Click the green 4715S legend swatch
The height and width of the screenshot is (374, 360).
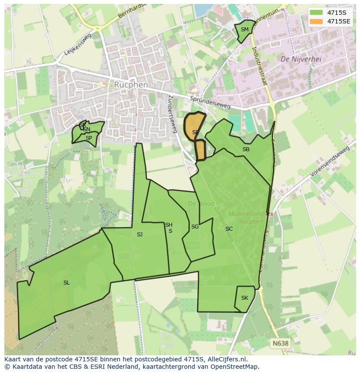(316, 13)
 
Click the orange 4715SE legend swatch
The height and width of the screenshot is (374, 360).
(316, 21)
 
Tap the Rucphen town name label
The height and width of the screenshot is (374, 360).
(131, 85)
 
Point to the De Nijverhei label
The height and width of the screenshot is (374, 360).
(301, 59)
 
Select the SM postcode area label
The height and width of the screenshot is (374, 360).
(244, 30)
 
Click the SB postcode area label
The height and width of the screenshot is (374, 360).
(246, 149)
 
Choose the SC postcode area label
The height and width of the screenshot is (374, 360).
(229, 229)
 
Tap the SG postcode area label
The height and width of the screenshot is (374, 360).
(195, 227)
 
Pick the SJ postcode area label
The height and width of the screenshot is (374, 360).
(140, 235)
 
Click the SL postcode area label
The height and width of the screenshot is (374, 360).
(67, 283)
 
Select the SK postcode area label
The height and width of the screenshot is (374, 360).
(244, 298)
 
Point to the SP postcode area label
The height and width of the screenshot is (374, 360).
(89, 138)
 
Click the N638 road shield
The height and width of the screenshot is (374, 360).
(280, 343)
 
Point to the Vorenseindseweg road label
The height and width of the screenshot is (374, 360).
(330, 161)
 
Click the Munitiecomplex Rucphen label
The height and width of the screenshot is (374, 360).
(252, 218)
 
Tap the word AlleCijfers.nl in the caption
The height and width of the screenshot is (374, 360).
(227, 359)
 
